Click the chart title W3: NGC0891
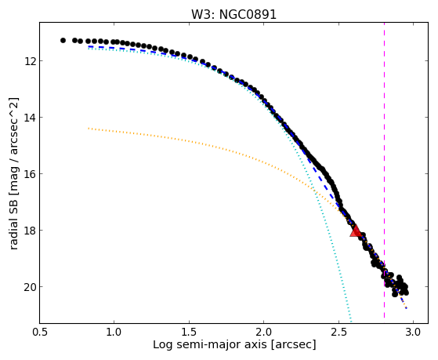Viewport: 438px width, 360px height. [233, 14]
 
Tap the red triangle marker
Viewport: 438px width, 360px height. [356, 231]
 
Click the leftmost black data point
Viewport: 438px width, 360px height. [63, 40]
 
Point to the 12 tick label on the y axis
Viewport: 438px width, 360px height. [30, 60]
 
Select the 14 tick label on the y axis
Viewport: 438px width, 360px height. [30, 117]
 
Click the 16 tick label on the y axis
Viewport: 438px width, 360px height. [30, 173]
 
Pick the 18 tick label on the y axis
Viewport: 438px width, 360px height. [30, 231]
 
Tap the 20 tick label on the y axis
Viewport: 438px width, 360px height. [30, 287]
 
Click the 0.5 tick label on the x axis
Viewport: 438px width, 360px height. [40, 333]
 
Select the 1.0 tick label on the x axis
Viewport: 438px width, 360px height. [114, 333]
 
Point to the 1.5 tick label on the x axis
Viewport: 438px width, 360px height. [189, 333]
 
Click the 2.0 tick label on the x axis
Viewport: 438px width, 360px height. [264, 333]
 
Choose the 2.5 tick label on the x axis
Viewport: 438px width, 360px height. [338, 333]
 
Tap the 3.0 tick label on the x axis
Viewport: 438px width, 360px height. [414, 333]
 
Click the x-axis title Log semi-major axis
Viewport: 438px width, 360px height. [209, 344]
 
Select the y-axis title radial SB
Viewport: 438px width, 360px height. [14, 220]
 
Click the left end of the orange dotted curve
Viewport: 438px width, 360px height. [89, 128]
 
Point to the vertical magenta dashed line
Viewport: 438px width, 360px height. [385, 170]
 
